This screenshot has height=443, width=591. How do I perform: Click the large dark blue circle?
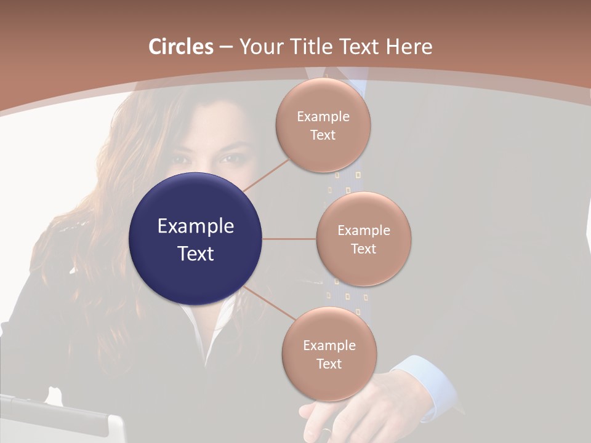pos(195,239)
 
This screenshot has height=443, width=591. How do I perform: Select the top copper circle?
pos(323,126)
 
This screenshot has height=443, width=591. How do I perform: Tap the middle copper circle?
pos(363,239)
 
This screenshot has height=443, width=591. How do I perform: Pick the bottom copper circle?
pos(329,354)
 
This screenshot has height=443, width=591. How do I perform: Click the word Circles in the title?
pos(181,47)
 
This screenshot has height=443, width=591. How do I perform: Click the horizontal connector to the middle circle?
pos(289,239)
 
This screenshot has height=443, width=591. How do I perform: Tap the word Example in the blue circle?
pos(195,226)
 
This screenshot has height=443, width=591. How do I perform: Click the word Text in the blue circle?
pos(195,253)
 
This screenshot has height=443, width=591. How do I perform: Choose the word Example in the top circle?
pos(323,116)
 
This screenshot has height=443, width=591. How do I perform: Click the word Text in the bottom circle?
pos(329,364)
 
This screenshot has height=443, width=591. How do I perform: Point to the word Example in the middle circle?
pos(363,230)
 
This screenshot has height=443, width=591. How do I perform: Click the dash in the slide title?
pos(226,47)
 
